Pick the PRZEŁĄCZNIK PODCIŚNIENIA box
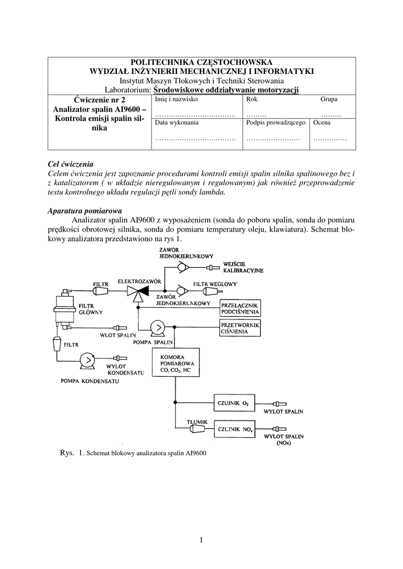[x=241, y=308]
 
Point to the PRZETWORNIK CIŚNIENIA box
[x=241, y=329]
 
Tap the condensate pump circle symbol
[x=87, y=360]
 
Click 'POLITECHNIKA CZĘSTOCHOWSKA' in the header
[x=202, y=62]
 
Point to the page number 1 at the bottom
[x=201, y=539]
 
